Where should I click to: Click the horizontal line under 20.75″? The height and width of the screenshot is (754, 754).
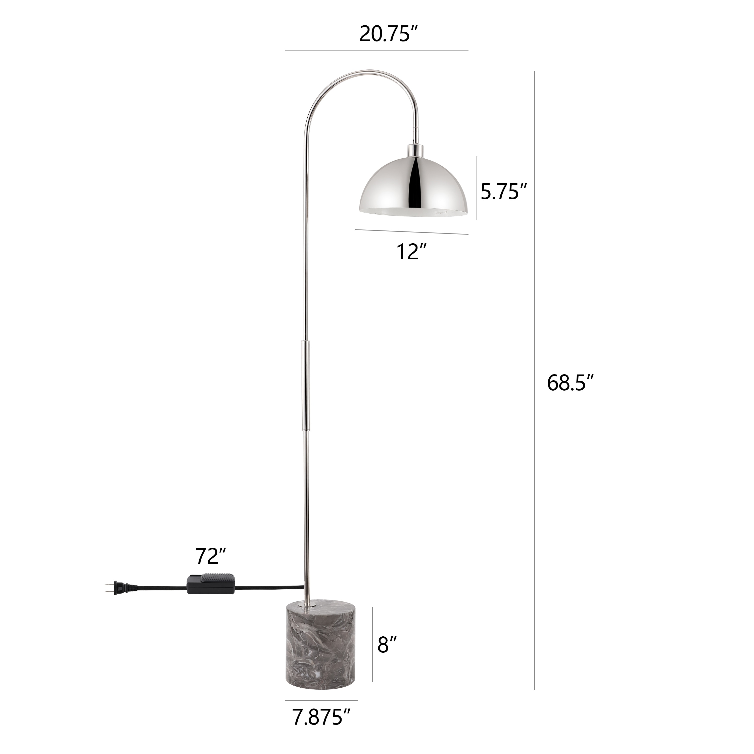tap(376, 50)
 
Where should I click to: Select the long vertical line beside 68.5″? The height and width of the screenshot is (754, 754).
tap(534, 383)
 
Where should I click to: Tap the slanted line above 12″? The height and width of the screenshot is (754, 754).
tap(411, 232)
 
